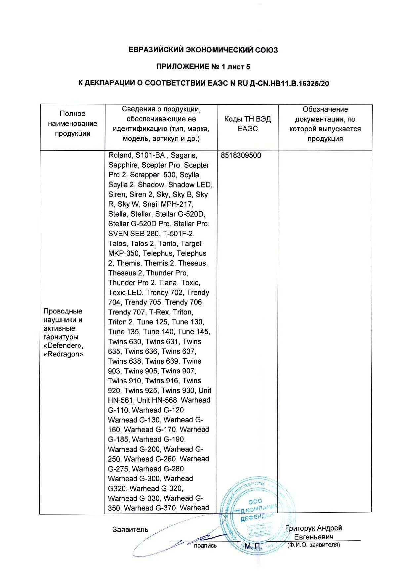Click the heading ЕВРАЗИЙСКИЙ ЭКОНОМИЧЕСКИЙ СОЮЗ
click(x=203, y=50)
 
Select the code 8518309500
click(x=241, y=155)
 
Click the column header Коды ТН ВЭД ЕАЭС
click(x=247, y=124)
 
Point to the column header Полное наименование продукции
click(x=72, y=124)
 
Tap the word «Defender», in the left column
click(x=63, y=346)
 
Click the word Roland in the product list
click(x=120, y=155)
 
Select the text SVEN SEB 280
click(x=134, y=234)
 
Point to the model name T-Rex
click(x=159, y=312)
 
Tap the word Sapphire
click(x=124, y=165)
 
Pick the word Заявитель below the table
click(x=131, y=529)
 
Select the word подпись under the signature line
click(x=205, y=546)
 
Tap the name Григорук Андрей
click(x=313, y=528)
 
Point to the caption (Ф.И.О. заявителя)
click(x=313, y=545)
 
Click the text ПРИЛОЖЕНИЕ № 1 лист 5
click(x=203, y=67)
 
